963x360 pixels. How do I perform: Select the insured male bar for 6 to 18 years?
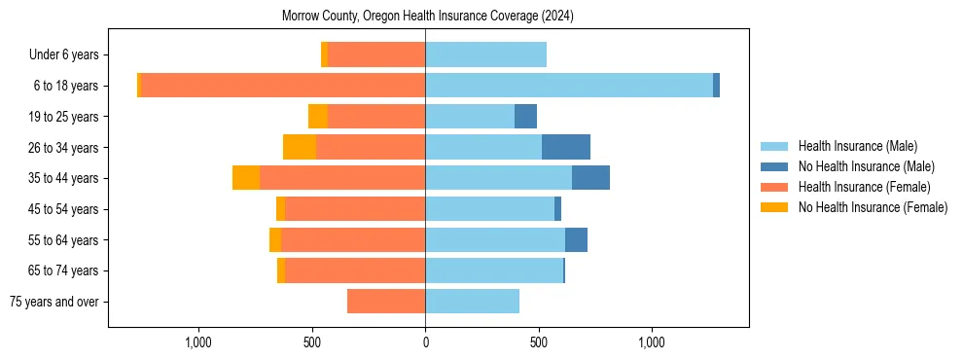(x=569, y=86)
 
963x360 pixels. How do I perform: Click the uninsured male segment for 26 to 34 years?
(x=566, y=147)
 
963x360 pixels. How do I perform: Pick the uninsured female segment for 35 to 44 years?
(x=246, y=178)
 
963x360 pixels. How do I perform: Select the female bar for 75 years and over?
(x=386, y=302)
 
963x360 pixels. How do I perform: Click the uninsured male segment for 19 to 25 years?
(x=525, y=117)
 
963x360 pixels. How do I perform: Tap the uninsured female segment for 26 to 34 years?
(x=300, y=147)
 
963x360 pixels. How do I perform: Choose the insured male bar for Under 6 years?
(x=485, y=54)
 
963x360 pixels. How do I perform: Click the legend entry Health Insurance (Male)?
(x=857, y=146)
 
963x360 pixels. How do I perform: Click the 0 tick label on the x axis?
(x=425, y=342)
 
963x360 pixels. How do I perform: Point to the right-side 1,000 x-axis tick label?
(x=651, y=342)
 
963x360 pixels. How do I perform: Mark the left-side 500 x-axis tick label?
(x=312, y=342)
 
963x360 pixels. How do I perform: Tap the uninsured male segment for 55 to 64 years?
(x=576, y=239)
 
